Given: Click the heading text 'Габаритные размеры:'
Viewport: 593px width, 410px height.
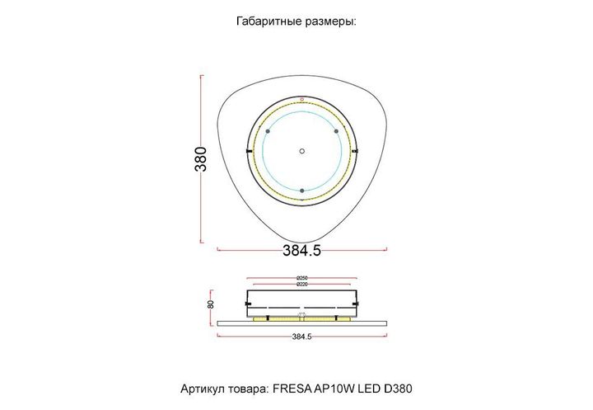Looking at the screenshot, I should tap(296, 22).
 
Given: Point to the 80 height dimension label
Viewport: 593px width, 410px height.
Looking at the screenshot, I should tap(211, 304).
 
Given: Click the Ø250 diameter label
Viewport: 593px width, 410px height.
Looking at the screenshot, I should tap(302, 277).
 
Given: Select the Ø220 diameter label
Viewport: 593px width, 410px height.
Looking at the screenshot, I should tap(302, 285).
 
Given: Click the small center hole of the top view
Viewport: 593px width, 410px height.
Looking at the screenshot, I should tap(302, 151).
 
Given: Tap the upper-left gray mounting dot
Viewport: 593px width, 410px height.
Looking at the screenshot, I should tap(268, 131).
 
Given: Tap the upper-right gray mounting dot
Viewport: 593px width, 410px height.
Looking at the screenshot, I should tap(336, 131).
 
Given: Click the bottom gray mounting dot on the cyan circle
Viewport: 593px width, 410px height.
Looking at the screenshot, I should tap(302, 191).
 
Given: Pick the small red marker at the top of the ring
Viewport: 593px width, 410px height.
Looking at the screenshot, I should tap(302, 100).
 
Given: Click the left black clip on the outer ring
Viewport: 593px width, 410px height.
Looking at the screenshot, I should tap(249, 152).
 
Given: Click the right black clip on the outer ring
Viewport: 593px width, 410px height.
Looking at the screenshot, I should tap(355, 152).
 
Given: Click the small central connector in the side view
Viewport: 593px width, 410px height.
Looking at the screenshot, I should tap(302, 317).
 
